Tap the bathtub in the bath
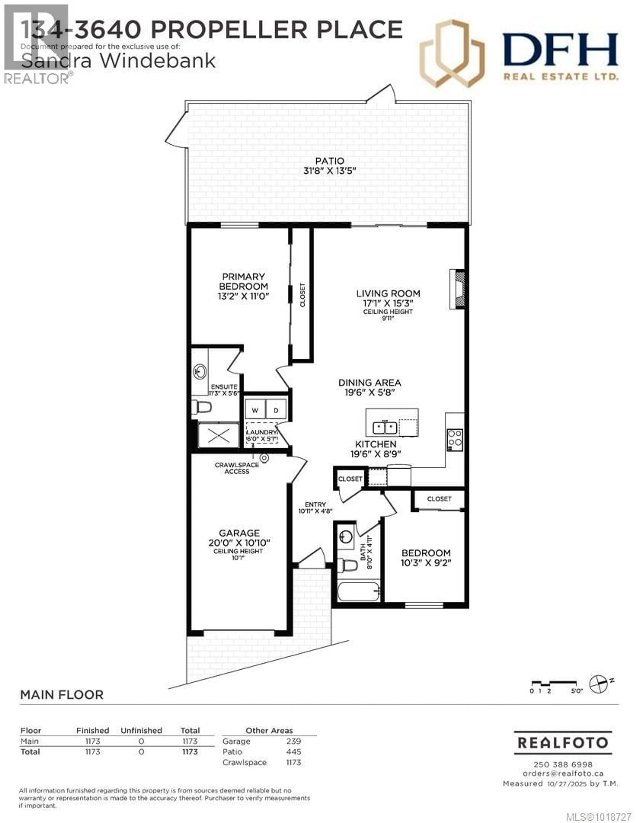[358, 592]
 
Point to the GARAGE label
[239, 533]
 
